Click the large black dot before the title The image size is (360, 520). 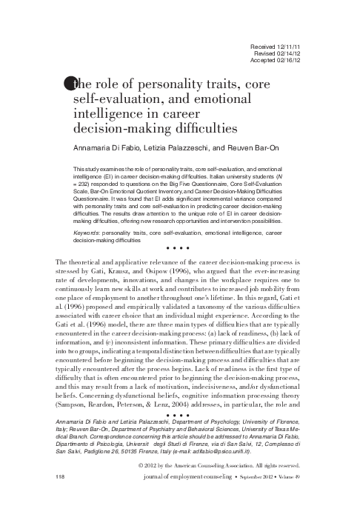pyautogui.click(x=69, y=84)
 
